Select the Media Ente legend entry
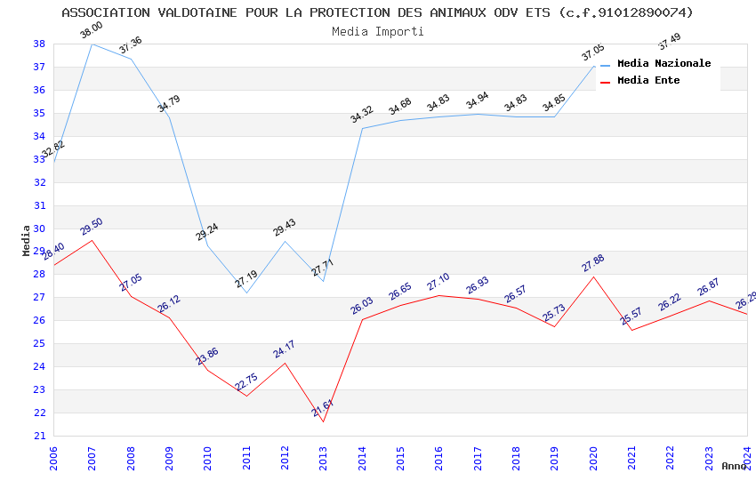[648, 81]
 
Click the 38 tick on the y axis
[39, 44]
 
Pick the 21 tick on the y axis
[39, 436]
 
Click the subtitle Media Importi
[378, 31]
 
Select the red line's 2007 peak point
[92, 240]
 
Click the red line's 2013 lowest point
[323, 421]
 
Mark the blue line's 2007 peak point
[92, 44]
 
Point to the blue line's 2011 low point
[246, 293]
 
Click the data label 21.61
[322, 407]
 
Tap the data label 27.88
[592, 263]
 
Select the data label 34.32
[362, 115]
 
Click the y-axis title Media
[27, 240]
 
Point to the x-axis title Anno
[734, 466]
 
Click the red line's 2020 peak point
[593, 277]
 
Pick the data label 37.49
[669, 41]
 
